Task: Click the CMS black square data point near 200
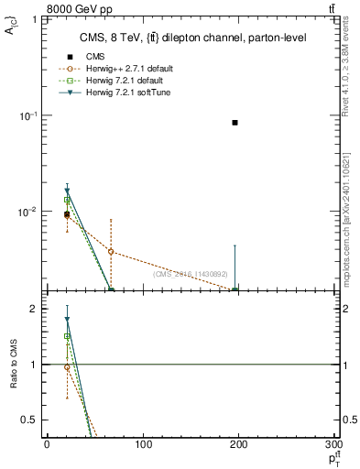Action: [235, 122]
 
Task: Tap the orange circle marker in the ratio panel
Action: [67, 367]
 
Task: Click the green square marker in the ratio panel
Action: [67, 336]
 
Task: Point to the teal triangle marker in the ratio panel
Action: [67, 320]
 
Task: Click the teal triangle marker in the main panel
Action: [67, 191]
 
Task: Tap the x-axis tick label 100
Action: [143, 445]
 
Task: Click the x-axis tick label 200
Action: [240, 445]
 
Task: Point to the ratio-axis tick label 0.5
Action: [31, 420]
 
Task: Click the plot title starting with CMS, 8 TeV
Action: [180, 38]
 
